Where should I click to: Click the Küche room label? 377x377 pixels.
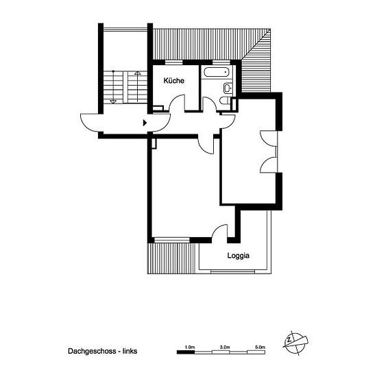pos(174,81)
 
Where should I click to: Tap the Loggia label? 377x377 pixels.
pos(239,256)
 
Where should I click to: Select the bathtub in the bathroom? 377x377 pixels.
pos(217,72)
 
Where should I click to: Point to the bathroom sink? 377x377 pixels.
pos(228,88)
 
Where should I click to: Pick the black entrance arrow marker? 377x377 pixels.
pos(145,123)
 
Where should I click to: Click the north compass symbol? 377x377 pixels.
pos(295,343)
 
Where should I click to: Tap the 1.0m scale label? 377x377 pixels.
pos(190,348)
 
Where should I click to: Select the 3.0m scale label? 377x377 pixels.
pos(225,348)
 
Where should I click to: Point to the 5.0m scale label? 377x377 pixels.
pos(260,348)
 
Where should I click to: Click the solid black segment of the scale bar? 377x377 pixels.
pos(186,352)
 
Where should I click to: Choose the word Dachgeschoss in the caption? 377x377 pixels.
pos(92,351)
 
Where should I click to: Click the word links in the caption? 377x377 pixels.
pos(130,351)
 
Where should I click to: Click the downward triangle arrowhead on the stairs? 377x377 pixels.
pos(113,102)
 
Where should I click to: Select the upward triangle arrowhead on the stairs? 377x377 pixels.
pos(137,73)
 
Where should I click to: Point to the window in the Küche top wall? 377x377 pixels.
pos(174,62)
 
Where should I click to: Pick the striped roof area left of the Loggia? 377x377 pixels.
pos(172,258)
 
